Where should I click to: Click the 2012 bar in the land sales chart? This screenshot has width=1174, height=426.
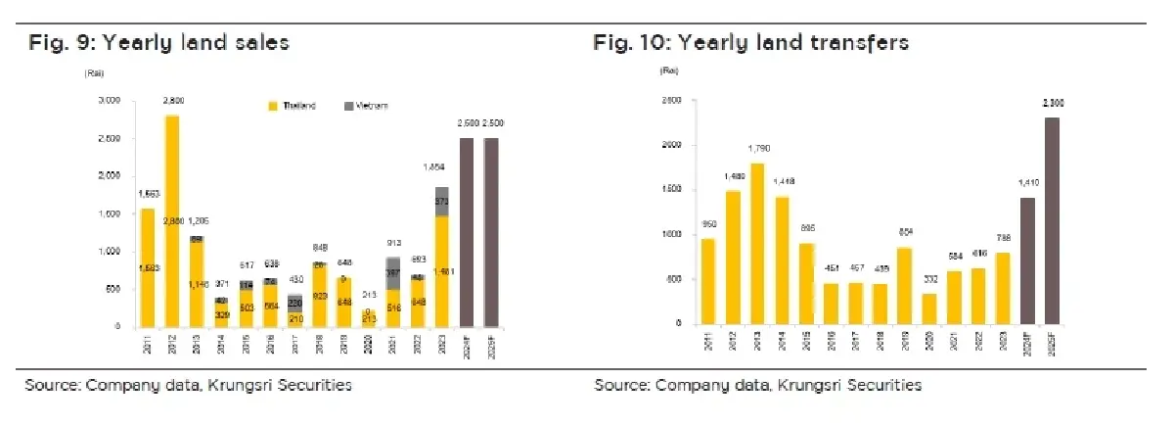[172, 220]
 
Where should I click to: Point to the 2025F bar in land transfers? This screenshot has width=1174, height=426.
[1051, 220]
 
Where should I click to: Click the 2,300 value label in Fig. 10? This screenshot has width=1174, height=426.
[1052, 102]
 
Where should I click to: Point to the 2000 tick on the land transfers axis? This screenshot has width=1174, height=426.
[671, 145]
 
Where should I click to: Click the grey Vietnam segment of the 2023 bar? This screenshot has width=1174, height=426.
[441, 201]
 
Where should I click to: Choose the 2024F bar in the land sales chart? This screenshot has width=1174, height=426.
[467, 231]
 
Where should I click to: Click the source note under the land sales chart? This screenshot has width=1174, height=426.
[188, 386]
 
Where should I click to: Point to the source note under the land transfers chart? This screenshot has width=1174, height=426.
[757, 386]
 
